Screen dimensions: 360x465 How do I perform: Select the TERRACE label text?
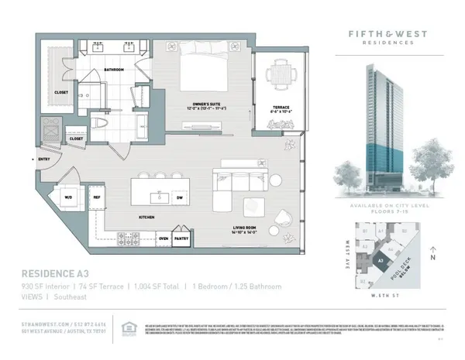tap(280, 108)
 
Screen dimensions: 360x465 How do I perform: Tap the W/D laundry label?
tap(68, 197)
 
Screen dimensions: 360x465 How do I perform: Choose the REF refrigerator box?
tap(98, 197)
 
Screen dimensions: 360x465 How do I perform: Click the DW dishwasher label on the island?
tap(179, 197)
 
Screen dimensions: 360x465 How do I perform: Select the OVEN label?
tap(164, 238)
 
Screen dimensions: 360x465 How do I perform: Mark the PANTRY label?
tap(182, 238)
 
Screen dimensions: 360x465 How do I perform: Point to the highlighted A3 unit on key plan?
tap(381, 261)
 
